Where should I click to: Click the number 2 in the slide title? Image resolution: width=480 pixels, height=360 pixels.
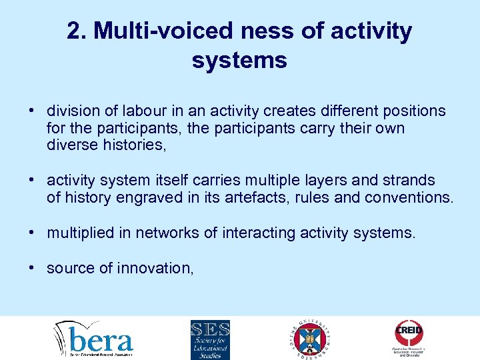(x=75, y=31)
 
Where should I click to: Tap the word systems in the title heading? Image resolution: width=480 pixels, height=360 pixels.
(x=239, y=61)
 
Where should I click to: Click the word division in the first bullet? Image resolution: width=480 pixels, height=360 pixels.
(x=70, y=111)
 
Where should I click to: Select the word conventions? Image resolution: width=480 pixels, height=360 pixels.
(x=407, y=198)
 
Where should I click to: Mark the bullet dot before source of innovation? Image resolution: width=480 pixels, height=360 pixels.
(x=31, y=268)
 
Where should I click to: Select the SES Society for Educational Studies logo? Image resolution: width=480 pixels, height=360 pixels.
(x=210, y=339)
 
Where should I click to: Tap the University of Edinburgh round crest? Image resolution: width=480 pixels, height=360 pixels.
(x=311, y=338)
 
